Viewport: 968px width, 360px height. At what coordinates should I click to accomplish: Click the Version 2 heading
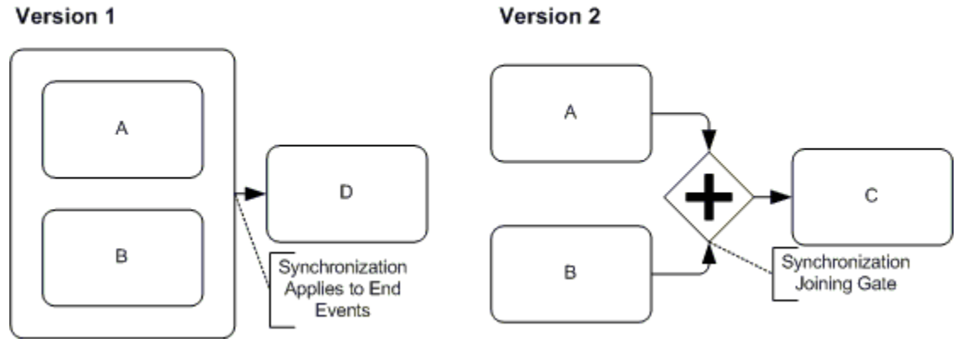pyautogui.click(x=550, y=17)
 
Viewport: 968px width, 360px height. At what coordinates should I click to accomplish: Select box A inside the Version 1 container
pyautogui.click(x=122, y=130)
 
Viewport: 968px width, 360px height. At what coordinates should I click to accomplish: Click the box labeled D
pyautogui.click(x=346, y=193)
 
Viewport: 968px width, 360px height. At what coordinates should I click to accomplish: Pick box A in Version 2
pyautogui.click(x=571, y=113)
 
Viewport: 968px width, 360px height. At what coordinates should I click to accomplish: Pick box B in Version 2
pyautogui.click(x=571, y=273)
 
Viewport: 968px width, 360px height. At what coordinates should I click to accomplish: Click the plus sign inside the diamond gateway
pyautogui.click(x=709, y=196)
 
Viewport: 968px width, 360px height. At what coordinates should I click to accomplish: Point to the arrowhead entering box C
pyautogui.click(x=783, y=196)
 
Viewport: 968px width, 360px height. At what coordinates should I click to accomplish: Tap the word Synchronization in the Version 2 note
pyautogui.click(x=846, y=261)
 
